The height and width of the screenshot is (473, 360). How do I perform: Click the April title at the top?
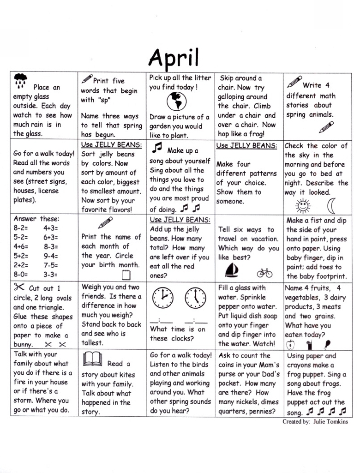tap(174, 58)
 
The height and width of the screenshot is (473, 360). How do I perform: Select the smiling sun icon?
tap(303, 204)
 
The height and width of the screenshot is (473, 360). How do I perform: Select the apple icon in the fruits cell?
tap(291, 344)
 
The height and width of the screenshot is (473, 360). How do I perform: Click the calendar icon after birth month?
tap(125, 275)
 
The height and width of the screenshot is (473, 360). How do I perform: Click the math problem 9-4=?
tap(51, 256)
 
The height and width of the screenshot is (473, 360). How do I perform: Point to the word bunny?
tap(23, 345)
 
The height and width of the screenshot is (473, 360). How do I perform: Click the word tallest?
tap(93, 343)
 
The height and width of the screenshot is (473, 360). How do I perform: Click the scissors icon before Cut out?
tap(20, 287)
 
